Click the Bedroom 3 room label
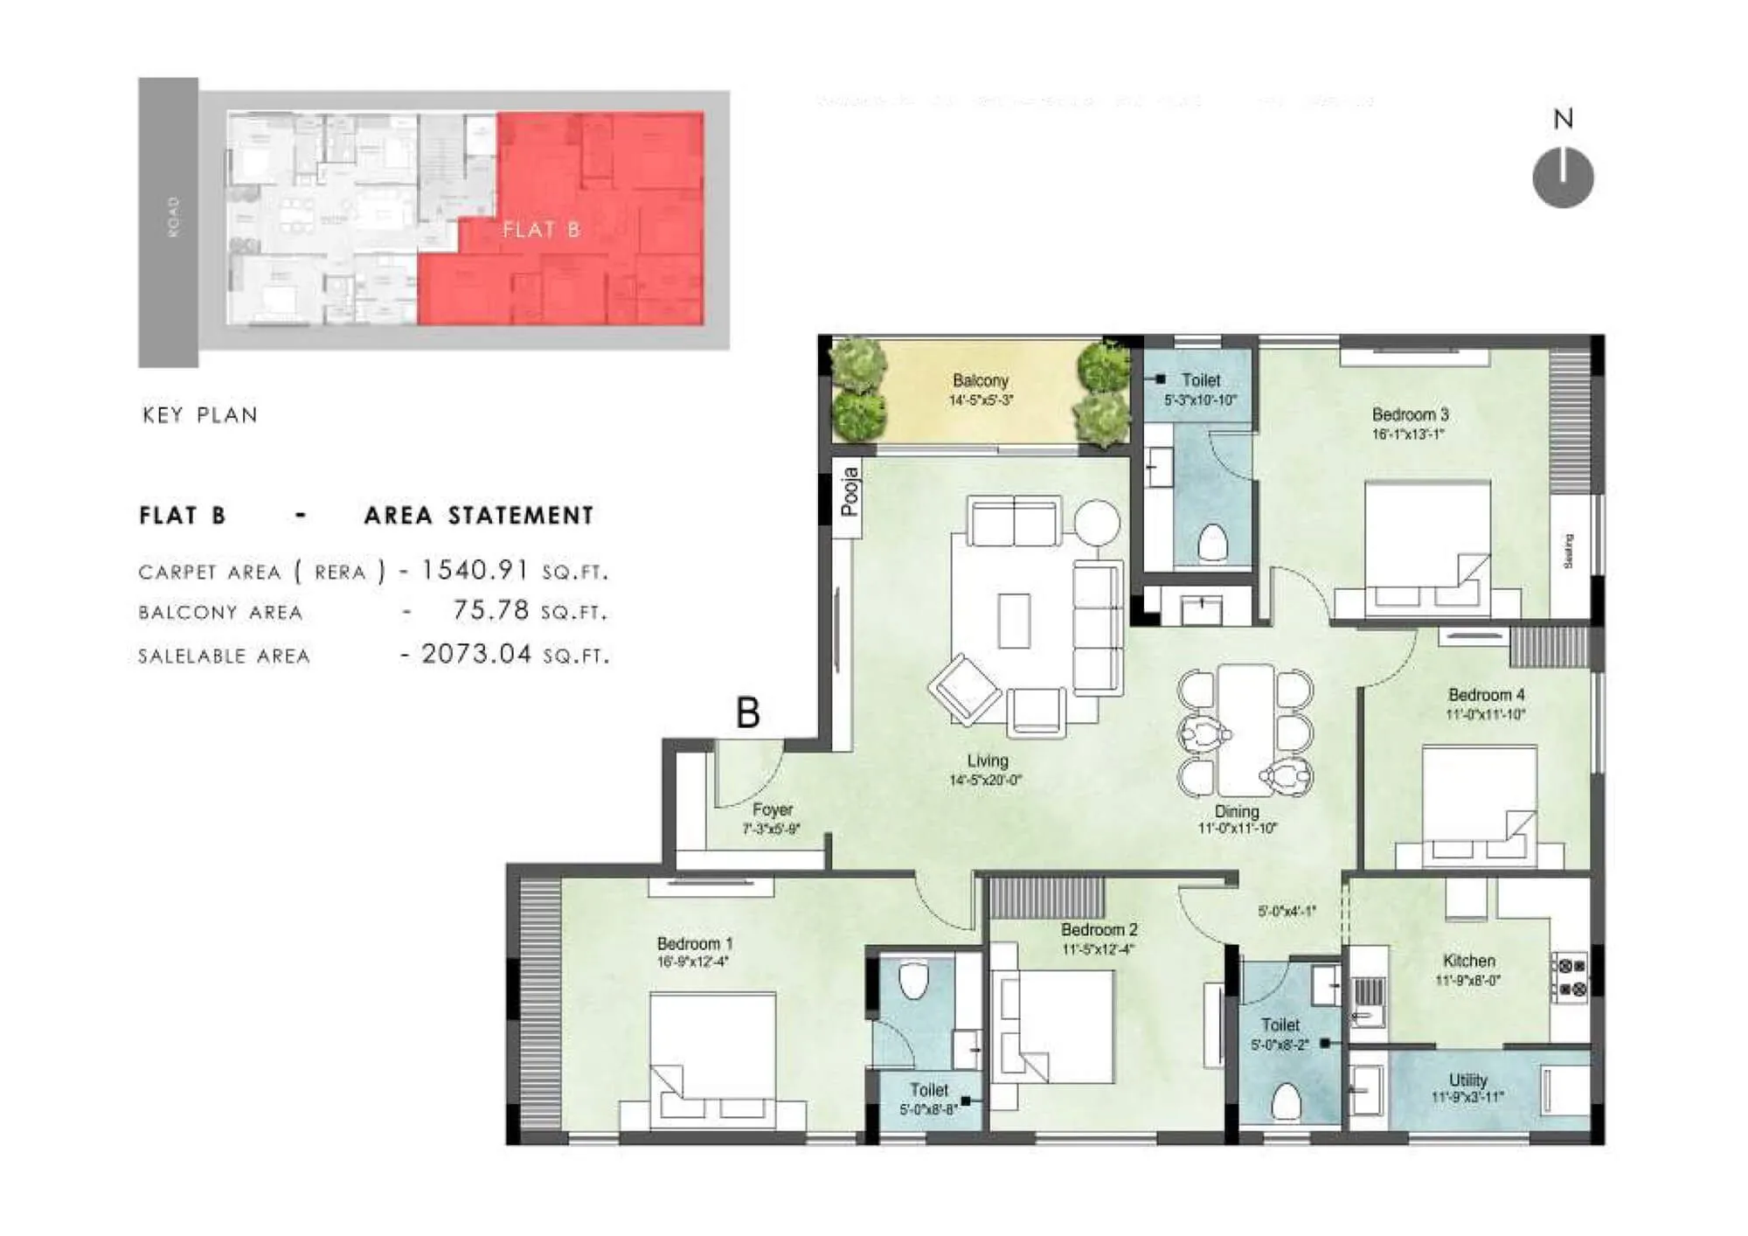(x=1410, y=414)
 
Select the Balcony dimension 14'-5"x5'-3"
(x=981, y=400)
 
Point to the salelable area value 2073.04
(x=476, y=654)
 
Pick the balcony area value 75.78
(x=490, y=610)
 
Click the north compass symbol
(x=1563, y=177)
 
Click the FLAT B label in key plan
(x=541, y=230)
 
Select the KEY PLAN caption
(x=200, y=415)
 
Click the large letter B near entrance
(x=747, y=712)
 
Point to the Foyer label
(x=772, y=809)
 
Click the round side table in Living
(x=1096, y=523)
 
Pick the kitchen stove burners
(x=1571, y=977)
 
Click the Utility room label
(x=1467, y=1080)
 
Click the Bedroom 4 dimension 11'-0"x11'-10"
(x=1486, y=714)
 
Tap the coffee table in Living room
(x=1014, y=620)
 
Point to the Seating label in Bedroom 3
(x=1568, y=551)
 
